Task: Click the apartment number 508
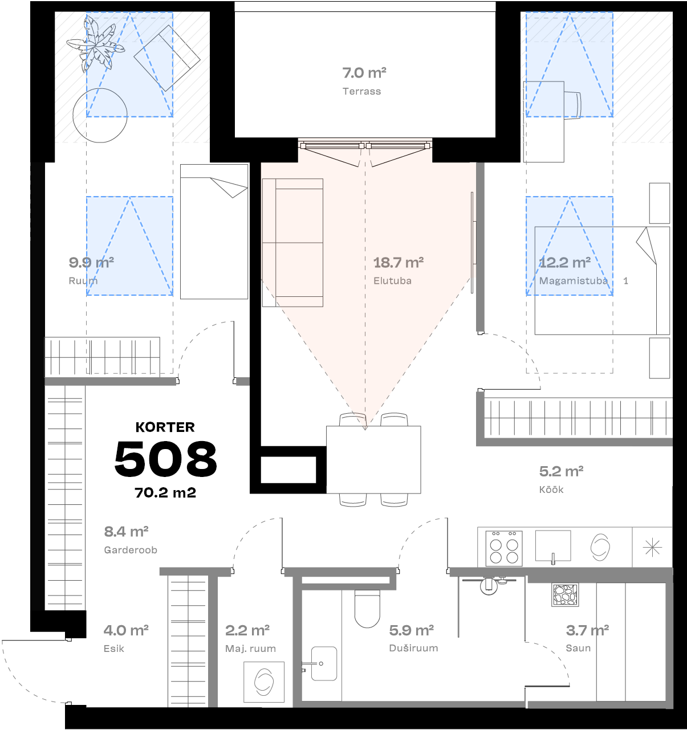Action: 165,459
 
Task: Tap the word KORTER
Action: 165,427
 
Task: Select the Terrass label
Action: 361,91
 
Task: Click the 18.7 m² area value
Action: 398,263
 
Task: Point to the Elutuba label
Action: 392,280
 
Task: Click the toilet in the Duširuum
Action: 367,608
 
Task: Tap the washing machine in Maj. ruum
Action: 264,682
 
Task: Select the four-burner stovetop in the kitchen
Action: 504,548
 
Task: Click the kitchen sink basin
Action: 552,546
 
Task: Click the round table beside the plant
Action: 100,115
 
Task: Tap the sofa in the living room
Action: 292,243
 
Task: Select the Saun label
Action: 578,648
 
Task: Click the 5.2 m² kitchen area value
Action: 561,471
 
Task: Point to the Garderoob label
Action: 131,550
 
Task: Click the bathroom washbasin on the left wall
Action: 323,663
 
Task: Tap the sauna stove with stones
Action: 565,594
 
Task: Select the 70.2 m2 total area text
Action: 165,493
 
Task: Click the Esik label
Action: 114,649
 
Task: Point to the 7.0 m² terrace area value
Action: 364,73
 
